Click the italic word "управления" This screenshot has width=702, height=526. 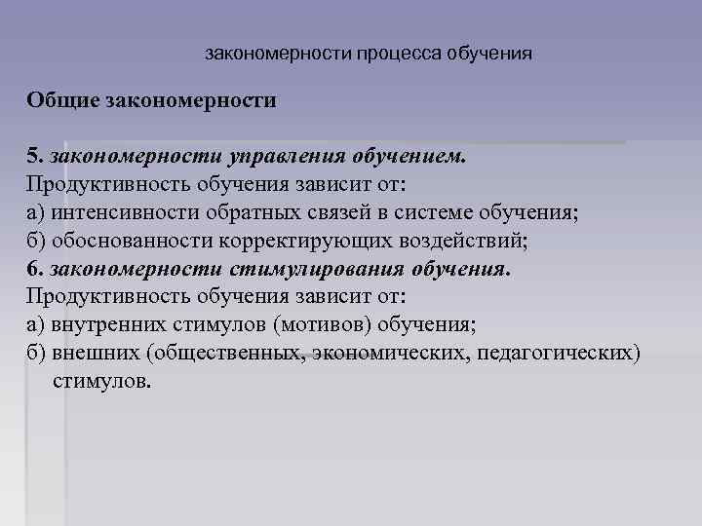coord(278,156)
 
